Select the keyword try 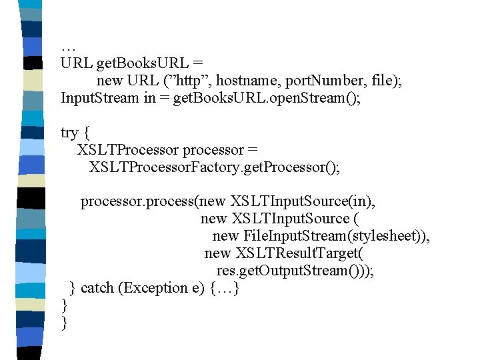[69, 133]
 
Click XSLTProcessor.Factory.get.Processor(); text [214, 167]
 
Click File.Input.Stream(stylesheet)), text [337, 237]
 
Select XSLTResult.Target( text [299, 254]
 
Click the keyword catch [97, 288]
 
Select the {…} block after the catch [224, 288]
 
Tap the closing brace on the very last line [64, 323]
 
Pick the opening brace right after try [87, 133]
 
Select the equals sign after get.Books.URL [197, 64]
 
